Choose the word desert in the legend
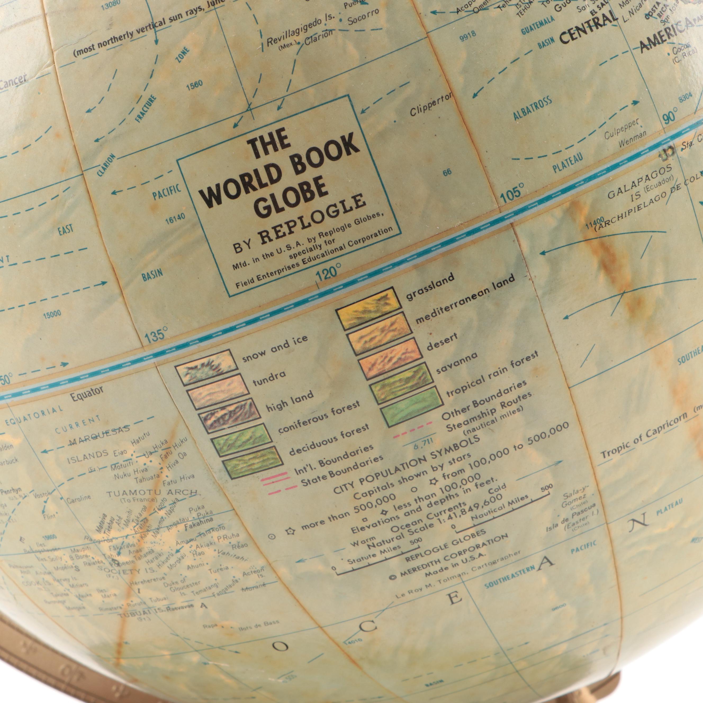click(x=442, y=341)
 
